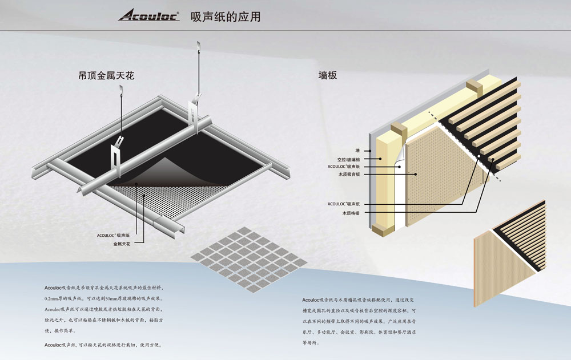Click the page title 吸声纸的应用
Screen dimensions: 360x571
point(226,17)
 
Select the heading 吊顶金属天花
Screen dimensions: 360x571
point(106,75)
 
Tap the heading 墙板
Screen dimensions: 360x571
point(328,75)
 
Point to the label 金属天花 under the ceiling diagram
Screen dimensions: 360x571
point(122,244)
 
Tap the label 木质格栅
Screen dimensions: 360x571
point(351,213)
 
